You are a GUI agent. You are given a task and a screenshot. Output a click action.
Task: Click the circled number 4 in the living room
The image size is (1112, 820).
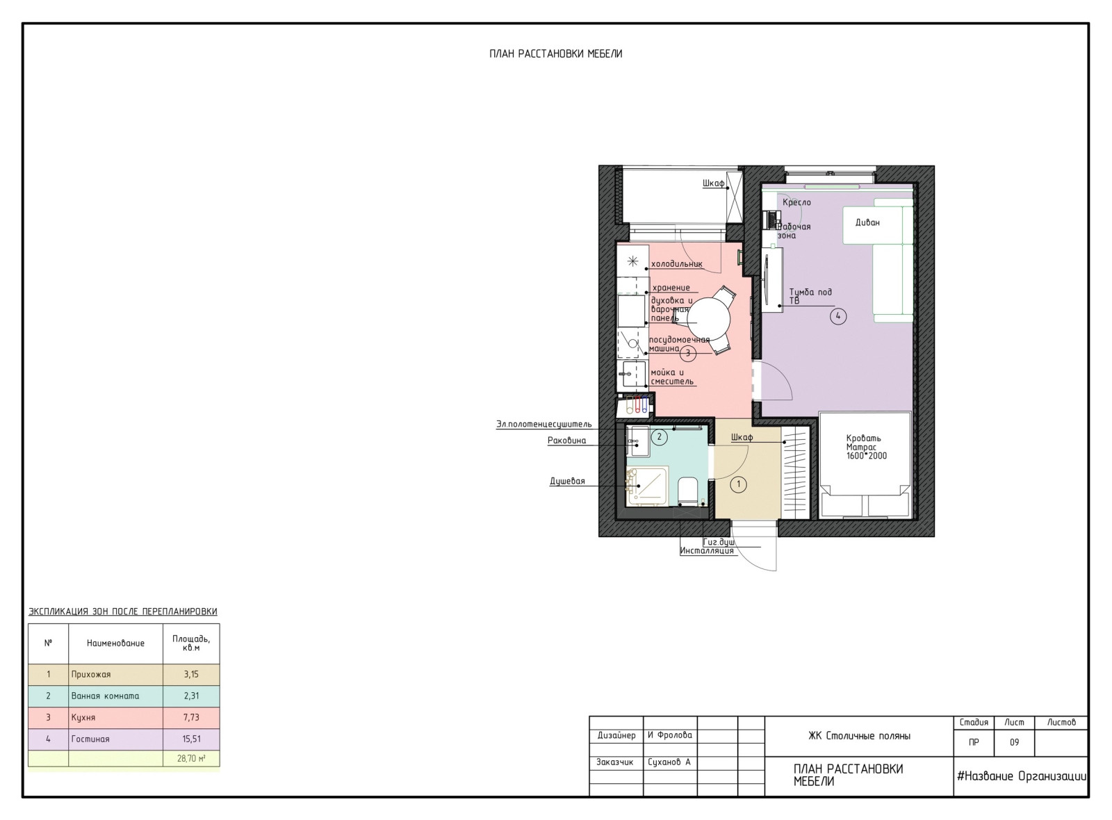click(838, 316)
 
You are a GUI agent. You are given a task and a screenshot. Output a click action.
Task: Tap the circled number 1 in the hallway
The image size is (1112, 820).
click(739, 484)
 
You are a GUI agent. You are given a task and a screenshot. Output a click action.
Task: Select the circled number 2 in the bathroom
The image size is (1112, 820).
click(660, 437)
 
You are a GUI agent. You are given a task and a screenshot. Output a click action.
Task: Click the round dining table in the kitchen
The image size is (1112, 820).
click(708, 319)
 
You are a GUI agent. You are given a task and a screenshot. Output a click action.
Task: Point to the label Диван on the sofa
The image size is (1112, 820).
click(867, 222)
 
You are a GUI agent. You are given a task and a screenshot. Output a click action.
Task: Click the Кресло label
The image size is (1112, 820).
click(796, 202)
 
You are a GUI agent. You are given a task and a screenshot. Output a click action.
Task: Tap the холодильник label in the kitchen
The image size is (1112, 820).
click(677, 264)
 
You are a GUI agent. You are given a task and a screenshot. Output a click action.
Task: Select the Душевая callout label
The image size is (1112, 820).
click(567, 481)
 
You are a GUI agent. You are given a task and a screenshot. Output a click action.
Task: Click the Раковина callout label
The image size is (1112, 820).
click(566, 441)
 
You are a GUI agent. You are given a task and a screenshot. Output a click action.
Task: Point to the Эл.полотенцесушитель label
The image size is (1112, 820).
click(544, 425)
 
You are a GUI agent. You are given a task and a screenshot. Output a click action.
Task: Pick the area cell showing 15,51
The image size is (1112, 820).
click(191, 739)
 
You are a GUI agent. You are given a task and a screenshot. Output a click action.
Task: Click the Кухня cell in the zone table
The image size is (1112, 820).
click(83, 717)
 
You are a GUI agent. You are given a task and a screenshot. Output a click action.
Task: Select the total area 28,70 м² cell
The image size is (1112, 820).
click(191, 758)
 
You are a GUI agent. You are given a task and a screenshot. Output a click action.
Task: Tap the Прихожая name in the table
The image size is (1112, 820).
click(91, 674)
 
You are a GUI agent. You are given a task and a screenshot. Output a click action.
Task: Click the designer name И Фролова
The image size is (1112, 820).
click(670, 735)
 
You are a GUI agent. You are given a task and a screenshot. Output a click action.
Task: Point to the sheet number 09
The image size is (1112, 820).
click(1014, 742)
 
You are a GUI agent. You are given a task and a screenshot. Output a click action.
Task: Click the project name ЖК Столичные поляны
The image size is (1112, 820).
click(859, 736)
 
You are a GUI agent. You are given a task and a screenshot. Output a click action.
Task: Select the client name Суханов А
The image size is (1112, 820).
click(669, 762)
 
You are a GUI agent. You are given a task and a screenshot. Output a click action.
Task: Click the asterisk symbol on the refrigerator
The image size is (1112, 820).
click(632, 261)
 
